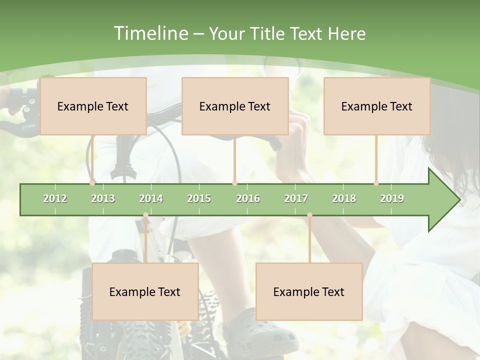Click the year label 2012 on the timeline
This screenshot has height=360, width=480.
pos(55,198)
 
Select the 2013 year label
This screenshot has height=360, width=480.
pos(103,198)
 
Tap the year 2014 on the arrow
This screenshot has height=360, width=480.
pos(151,198)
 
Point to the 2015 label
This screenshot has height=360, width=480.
pos(199,198)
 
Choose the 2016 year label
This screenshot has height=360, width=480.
pos(248,198)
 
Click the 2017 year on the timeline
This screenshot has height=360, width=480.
pos(296,198)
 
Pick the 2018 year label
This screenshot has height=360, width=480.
pos(344,198)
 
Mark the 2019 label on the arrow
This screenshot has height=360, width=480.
pos(392,198)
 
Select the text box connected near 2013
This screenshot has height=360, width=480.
pos(93,106)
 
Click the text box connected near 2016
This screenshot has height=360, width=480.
pos(235,106)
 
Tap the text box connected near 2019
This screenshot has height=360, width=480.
pos(377,106)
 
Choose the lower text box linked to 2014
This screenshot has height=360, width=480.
pos(145,291)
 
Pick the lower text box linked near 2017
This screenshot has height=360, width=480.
pos(309,291)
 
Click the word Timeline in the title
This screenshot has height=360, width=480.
pos(150,33)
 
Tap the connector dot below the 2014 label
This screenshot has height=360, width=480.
pos(145,215)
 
